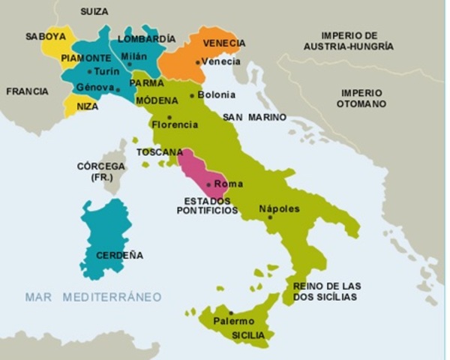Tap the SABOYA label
pos(45,36)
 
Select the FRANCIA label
pos(27,91)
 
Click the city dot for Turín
pos(89,71)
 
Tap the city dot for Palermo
pos(231,313)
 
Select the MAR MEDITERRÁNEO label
pos(93,297)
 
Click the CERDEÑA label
pos(118,255)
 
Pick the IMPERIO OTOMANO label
pos(361,98)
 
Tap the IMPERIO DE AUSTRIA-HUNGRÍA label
pos(348,40)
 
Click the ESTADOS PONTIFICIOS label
pos(207,205)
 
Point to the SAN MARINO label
pos(254,118)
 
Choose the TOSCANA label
pos(159,151)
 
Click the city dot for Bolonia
pos(192,95)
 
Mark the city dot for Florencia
pos(169,117)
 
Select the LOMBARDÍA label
pos(147,38)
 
